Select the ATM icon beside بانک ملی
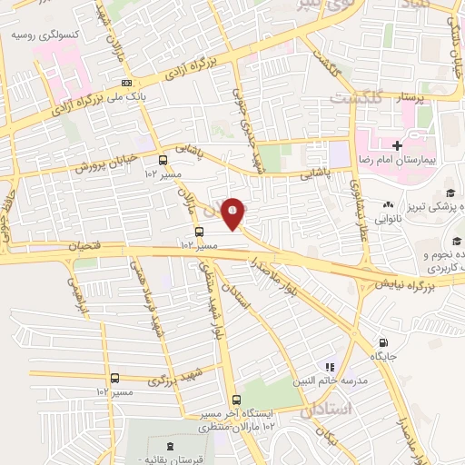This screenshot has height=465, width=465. click(124, 84)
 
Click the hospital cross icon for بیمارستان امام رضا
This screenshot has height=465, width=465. click(397, 145)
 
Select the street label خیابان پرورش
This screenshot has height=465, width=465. click(106, 162)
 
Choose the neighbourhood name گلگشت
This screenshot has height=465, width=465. click(357, 96)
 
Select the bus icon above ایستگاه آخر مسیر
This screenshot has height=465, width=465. click(236, 400)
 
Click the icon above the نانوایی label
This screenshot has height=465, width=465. click(389, 204)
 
